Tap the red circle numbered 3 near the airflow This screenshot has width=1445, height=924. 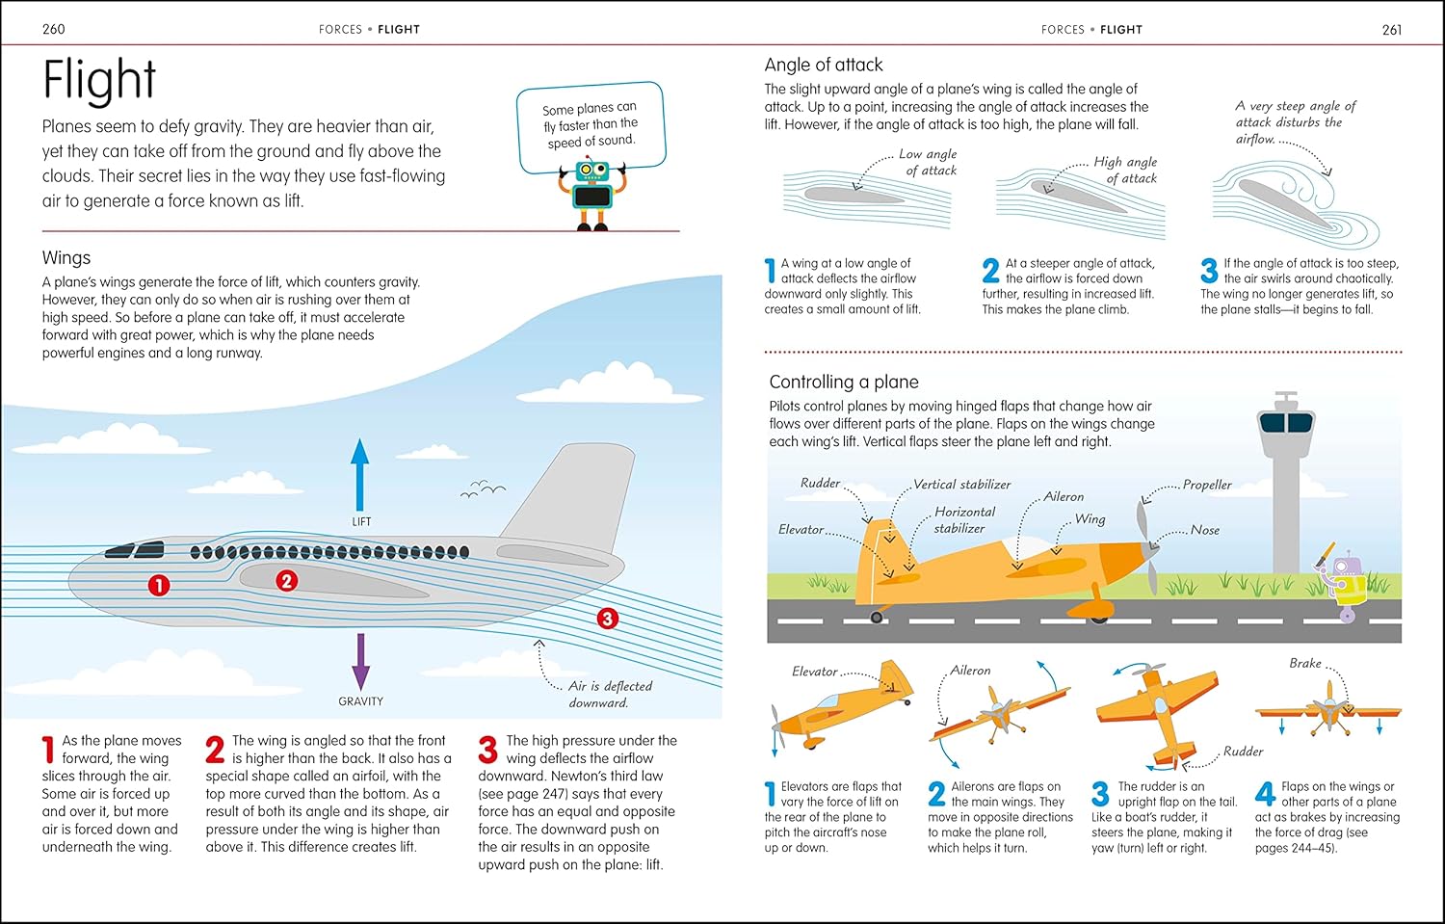pos(607,619)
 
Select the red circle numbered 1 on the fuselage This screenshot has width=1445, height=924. pos(159,585)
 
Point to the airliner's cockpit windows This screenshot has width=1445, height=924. pos(135,551)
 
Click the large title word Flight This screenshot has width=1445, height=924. pos(99,80)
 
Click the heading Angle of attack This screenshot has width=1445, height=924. pos(823,65)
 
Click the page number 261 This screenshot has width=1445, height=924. pos(1391,30)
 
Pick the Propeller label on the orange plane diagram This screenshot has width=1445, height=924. pos(1207,485)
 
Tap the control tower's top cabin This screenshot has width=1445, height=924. pos(1286,420)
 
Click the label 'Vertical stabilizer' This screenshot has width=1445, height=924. pos(961,485)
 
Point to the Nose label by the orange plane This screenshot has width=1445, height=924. pos(1204,530)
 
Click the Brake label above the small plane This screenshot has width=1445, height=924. pos(1305,663)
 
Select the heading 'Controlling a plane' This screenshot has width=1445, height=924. pos(843,382)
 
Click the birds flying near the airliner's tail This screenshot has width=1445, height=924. pos(483,490)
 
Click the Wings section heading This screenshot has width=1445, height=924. pos(66,257)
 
